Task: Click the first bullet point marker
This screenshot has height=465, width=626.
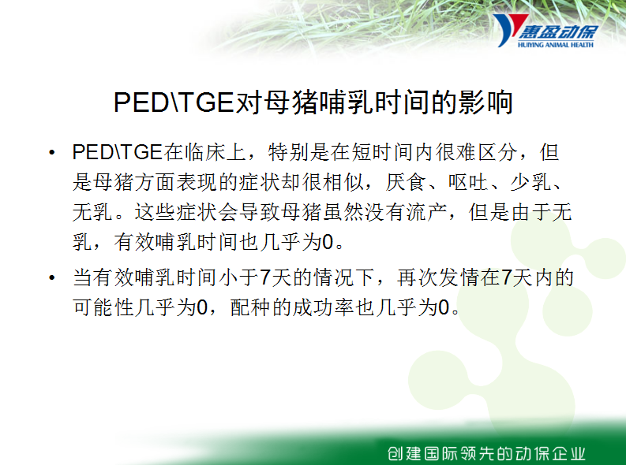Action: pyautogui.click(x=51, y=153)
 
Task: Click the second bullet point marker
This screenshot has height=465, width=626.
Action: pyautogui.click(x=51, y=277)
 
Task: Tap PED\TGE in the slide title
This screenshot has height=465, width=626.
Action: pyautogui.click(x=174, y=102)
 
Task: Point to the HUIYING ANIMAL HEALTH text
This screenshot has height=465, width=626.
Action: pyautogui.click(x=555, y=45)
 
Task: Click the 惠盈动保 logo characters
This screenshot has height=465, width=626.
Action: pyautogui.click(x=559, y=31)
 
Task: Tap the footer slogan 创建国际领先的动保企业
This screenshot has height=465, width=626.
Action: pyautogui.click(x=486, y=453)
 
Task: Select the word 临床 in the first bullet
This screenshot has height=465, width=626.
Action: pyautogui.click(x=204, y=152)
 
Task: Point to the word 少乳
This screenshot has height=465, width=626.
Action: pyautogui.click(x=530, y=182)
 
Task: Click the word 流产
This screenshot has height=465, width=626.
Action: pyautogui.click(x=426, y=212)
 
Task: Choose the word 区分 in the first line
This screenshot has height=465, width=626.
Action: pyautogui.click(x=497, y=152)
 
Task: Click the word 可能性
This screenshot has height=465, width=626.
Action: pyautogui.click(x=103, y=307)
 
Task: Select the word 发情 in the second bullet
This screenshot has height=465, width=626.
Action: pyautogui.click(x=459, y=277)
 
